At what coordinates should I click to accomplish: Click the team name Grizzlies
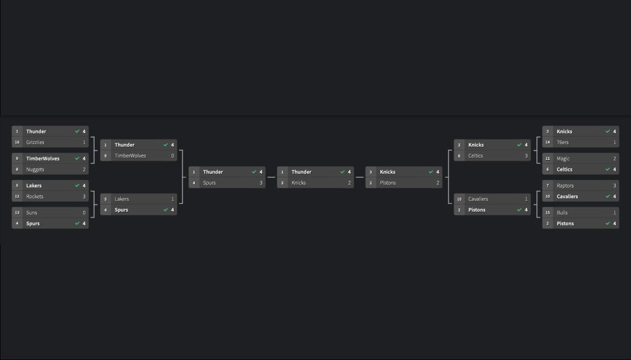tap(35, 142)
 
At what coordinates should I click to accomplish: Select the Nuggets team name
tap(35, 170)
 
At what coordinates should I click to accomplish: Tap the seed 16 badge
tap(17, 142)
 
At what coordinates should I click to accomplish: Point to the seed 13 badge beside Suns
tap(17, 213)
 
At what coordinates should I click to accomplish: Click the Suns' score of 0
tap(84, 213)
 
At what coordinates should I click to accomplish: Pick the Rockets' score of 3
tap(84, 196)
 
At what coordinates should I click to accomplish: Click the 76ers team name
tap(562, 142)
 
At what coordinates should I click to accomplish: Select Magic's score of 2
tap(615, 159)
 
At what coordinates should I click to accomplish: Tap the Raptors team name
tap(565, 186)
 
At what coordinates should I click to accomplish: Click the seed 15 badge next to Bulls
tap(548, 213)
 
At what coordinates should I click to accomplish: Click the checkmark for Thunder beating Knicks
tap(342, 172)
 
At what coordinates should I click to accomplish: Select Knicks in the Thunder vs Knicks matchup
tap(299, 183)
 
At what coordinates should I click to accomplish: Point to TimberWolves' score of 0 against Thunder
tap(172, 156)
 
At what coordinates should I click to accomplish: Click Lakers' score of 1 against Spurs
tap(172, 199)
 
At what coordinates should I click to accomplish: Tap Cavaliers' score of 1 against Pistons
tap(526, 199)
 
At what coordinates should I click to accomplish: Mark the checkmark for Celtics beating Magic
tap(608, 170)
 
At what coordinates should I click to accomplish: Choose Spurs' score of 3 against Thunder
tap(261, 183)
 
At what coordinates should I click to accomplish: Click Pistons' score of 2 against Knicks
tap(437, 183)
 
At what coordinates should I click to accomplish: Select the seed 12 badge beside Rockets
tap(17, 196)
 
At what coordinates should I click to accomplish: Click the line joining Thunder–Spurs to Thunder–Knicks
tap(271, 177)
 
